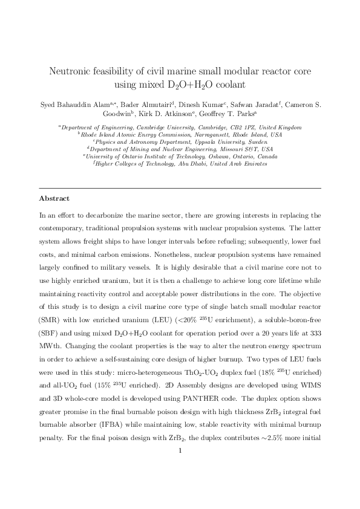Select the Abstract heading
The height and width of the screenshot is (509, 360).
(54, 198)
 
